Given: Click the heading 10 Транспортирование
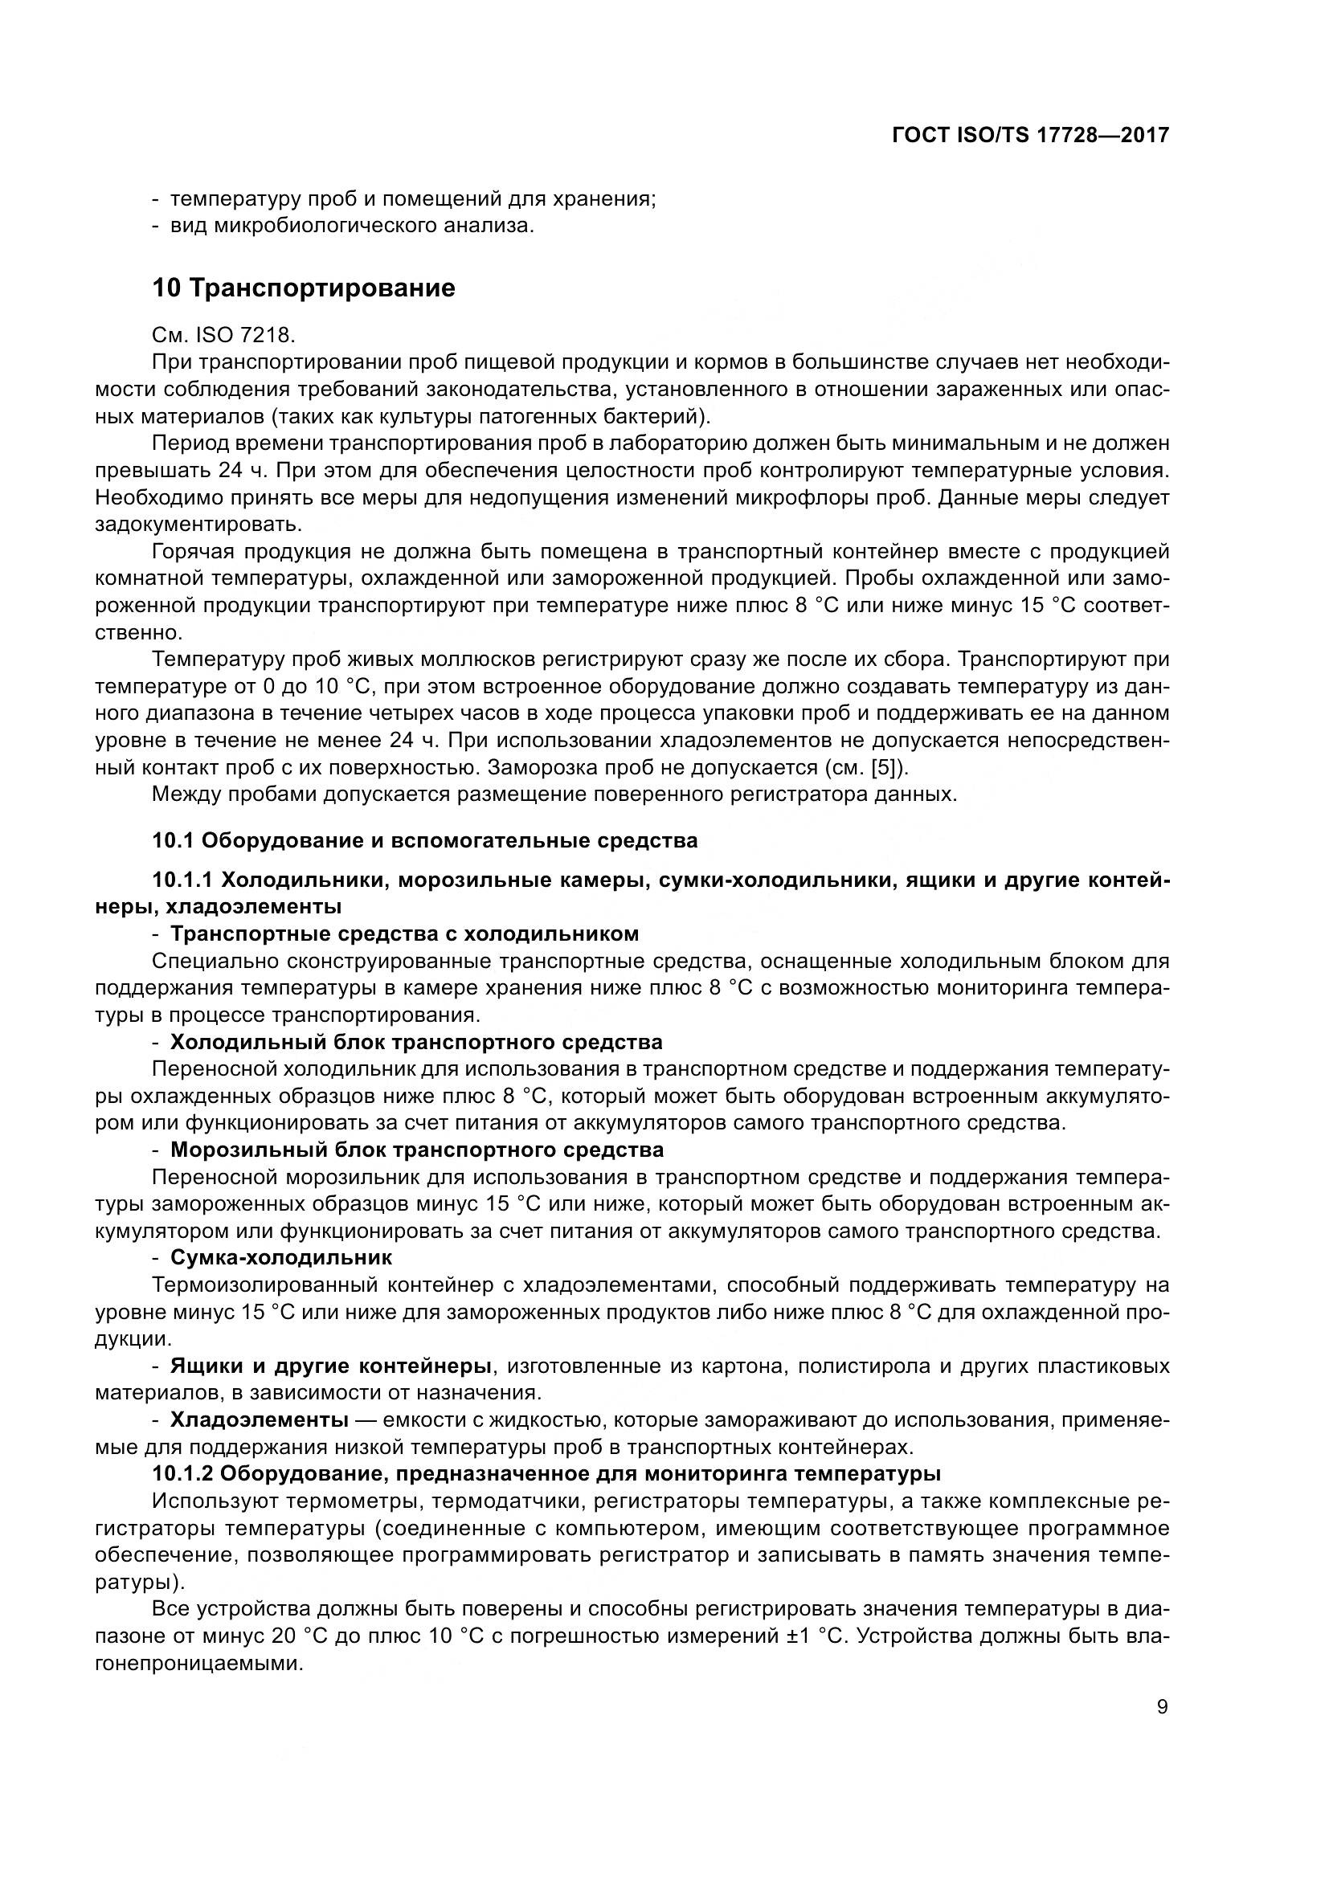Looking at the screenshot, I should [304, 288].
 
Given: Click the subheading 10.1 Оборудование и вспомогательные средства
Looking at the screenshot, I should [425, 840].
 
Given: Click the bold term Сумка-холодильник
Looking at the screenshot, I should [280, 1257].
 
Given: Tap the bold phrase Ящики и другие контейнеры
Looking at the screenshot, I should [330, 1366].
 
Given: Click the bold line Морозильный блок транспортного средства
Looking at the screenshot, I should [416, 1150].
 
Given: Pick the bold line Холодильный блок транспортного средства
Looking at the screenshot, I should [415, 1042].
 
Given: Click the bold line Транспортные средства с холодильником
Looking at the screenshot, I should [404, 933].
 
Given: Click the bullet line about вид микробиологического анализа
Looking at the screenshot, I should [352, 226].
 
